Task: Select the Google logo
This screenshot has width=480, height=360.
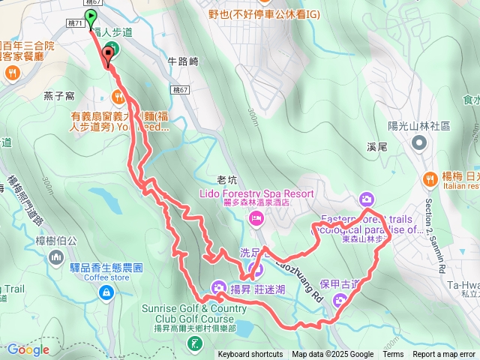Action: (28, 349)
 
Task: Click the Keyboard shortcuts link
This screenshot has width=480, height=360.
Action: (250, 355)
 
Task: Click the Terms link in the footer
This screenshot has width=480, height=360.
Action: (393, 355)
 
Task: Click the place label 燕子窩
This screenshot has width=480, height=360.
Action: (58, 95)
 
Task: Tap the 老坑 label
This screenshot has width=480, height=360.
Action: (226, 179)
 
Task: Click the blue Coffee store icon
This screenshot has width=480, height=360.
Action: (106, 291)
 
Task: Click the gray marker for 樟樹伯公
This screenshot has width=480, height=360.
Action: (56, 258)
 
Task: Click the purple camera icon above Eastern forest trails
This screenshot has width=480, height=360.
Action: (366, 199)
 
